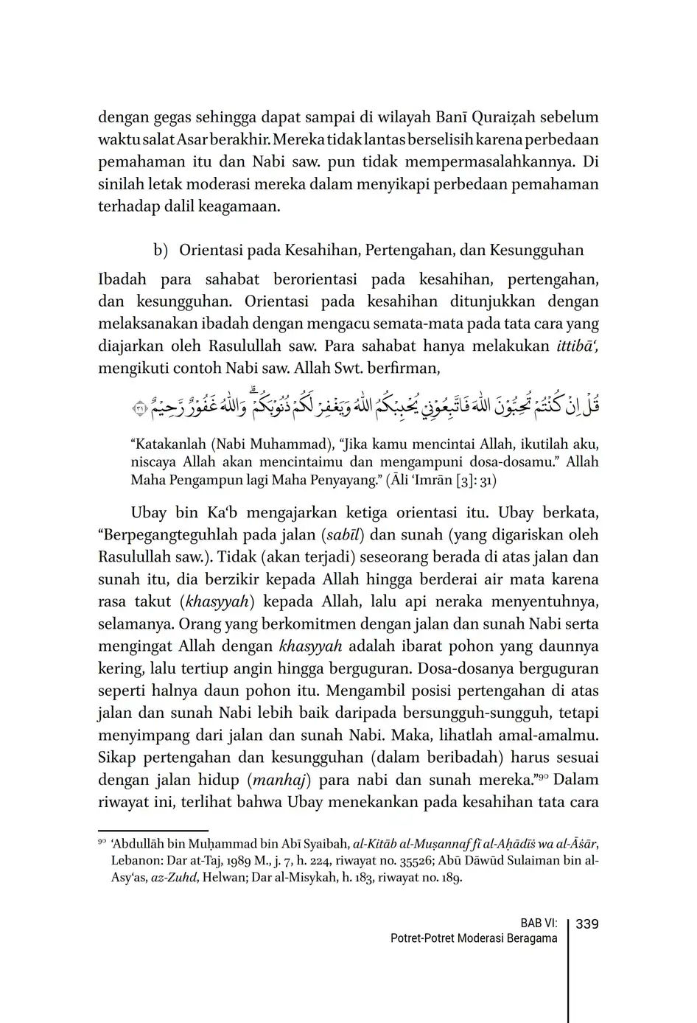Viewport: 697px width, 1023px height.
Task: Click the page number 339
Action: click(x=586, y=924)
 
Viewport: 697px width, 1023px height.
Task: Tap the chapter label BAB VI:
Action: click(x=539, y=924)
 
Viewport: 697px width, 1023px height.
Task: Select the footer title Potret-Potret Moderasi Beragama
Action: click(x=474, y=939)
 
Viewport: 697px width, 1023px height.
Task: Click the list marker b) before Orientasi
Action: click(x=161, y=251)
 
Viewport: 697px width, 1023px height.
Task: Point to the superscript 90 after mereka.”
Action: click(x=544, y=776)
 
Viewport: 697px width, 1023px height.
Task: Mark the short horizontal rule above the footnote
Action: click(x=153, y=830)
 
